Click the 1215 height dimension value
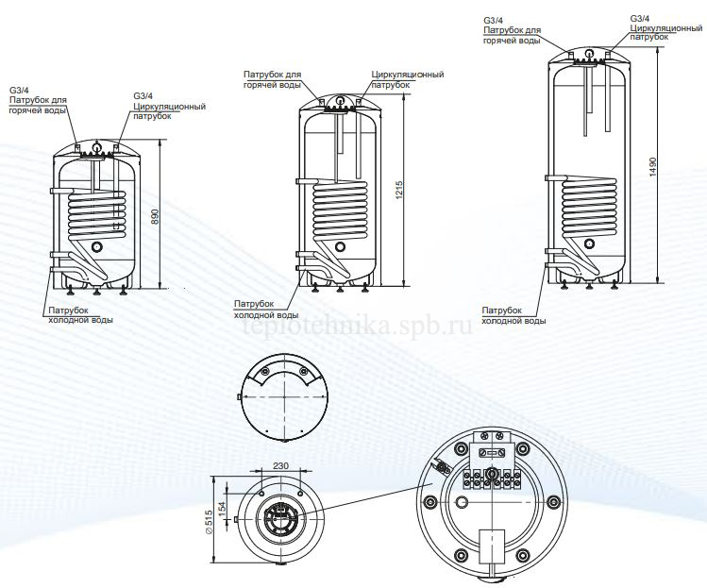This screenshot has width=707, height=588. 399,196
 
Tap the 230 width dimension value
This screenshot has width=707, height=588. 279,465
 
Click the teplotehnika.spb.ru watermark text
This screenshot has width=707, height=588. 357,327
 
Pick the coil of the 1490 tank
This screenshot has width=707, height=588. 588,204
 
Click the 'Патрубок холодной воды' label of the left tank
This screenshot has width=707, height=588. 80,315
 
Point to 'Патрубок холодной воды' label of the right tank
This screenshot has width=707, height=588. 513,315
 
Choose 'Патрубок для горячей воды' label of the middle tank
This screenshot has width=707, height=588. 272,79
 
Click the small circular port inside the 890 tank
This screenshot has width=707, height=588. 97,246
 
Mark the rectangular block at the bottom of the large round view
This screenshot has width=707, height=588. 491,548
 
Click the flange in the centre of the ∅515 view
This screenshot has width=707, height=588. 280,517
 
